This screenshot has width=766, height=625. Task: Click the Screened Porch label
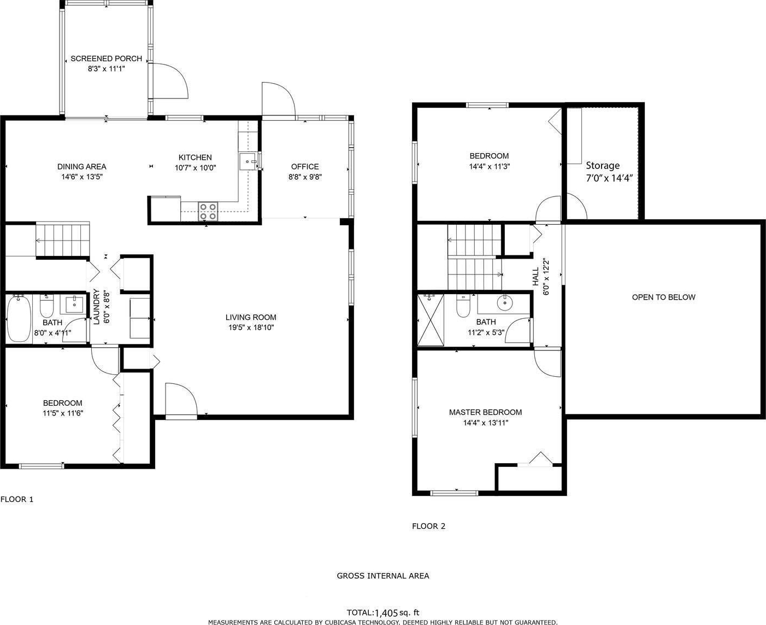coord(106,59)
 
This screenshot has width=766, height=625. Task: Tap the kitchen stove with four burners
coord(208,212)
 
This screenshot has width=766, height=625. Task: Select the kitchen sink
coord(249,161)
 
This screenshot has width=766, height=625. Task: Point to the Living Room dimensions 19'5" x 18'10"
coord(251,327)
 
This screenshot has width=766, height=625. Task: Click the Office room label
coord(305,167)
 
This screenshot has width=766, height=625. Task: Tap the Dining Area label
coord(82,167)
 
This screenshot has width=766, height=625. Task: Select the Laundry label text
coord(96,306)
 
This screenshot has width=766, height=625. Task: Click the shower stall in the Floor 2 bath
coord(431,320)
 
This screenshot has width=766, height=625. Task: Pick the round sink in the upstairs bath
coord(504,302)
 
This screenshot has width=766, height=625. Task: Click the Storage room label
coord(603,166)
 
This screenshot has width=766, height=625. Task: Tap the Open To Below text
coord(664,297)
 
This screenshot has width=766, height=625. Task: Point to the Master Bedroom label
coord(485,412)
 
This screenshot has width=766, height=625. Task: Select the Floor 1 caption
coord(17,499)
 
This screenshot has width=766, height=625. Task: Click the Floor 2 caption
coord(428,526)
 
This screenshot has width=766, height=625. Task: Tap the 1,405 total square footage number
coord(386,613)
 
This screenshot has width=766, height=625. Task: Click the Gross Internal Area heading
coord(383,576)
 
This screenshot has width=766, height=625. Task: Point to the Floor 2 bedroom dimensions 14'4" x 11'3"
coord(489,167)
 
